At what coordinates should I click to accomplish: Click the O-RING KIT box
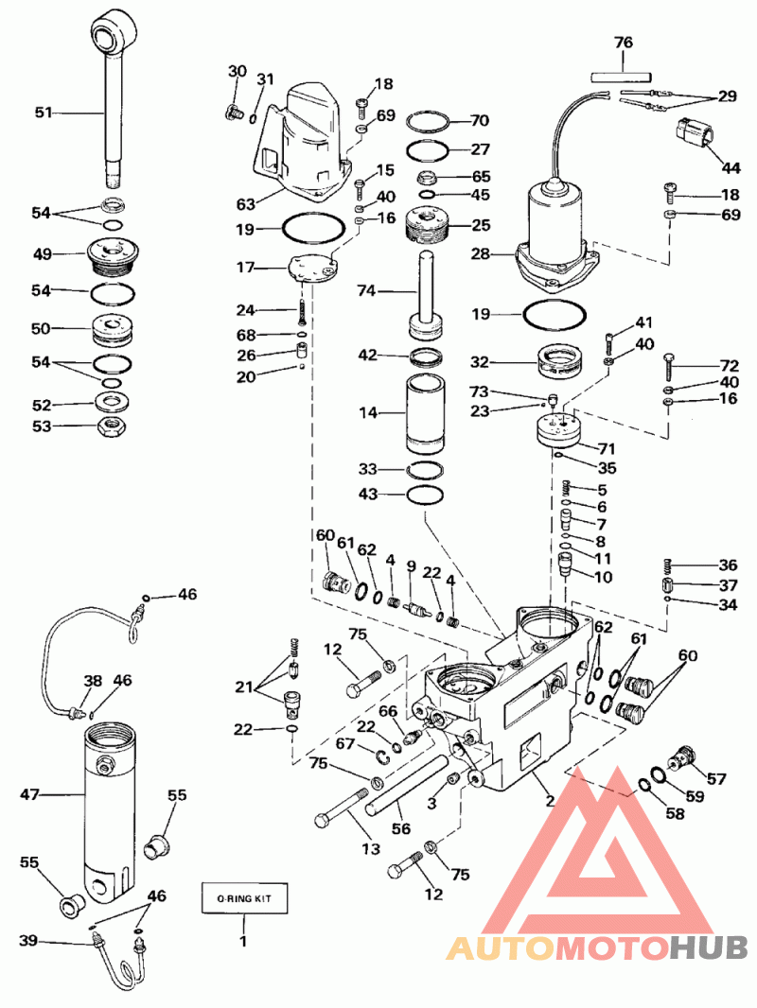click(x=244, y=897)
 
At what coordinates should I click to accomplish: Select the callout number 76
click(x=624, y=43)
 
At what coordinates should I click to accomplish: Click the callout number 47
click(x=30, y=794)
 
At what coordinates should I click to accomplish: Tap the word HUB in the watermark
click(x=708, y=947)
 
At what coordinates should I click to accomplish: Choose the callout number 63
click(x=246, y=204)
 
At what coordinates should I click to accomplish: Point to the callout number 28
click(x=481, y=254)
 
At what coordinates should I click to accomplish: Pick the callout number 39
click(x=27, y=941)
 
